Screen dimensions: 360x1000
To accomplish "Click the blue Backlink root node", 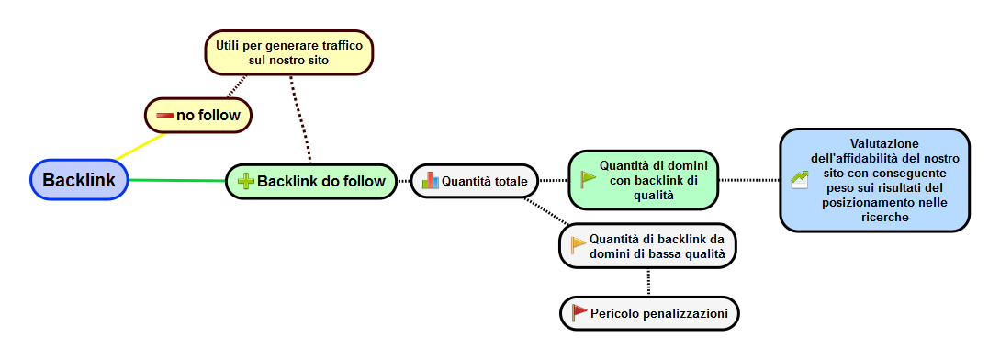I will (79, 180).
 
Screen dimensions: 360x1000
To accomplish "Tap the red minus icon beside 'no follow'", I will (165, 115).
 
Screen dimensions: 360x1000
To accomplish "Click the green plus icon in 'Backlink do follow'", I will (246, 182).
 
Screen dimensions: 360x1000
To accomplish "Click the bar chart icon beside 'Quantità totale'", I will (430, 181).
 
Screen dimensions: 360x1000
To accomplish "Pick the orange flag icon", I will (579, 244).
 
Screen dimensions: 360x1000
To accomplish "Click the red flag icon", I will (579, 313).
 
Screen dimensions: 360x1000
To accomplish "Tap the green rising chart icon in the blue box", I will (799, 180).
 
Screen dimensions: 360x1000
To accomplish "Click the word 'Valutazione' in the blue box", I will (884, 143).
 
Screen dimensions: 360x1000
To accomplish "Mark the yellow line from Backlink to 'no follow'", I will (140, 147).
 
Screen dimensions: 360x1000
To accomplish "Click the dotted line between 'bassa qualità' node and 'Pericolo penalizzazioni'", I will (648, 282).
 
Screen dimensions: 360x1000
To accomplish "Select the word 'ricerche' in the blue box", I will (884, 217).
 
